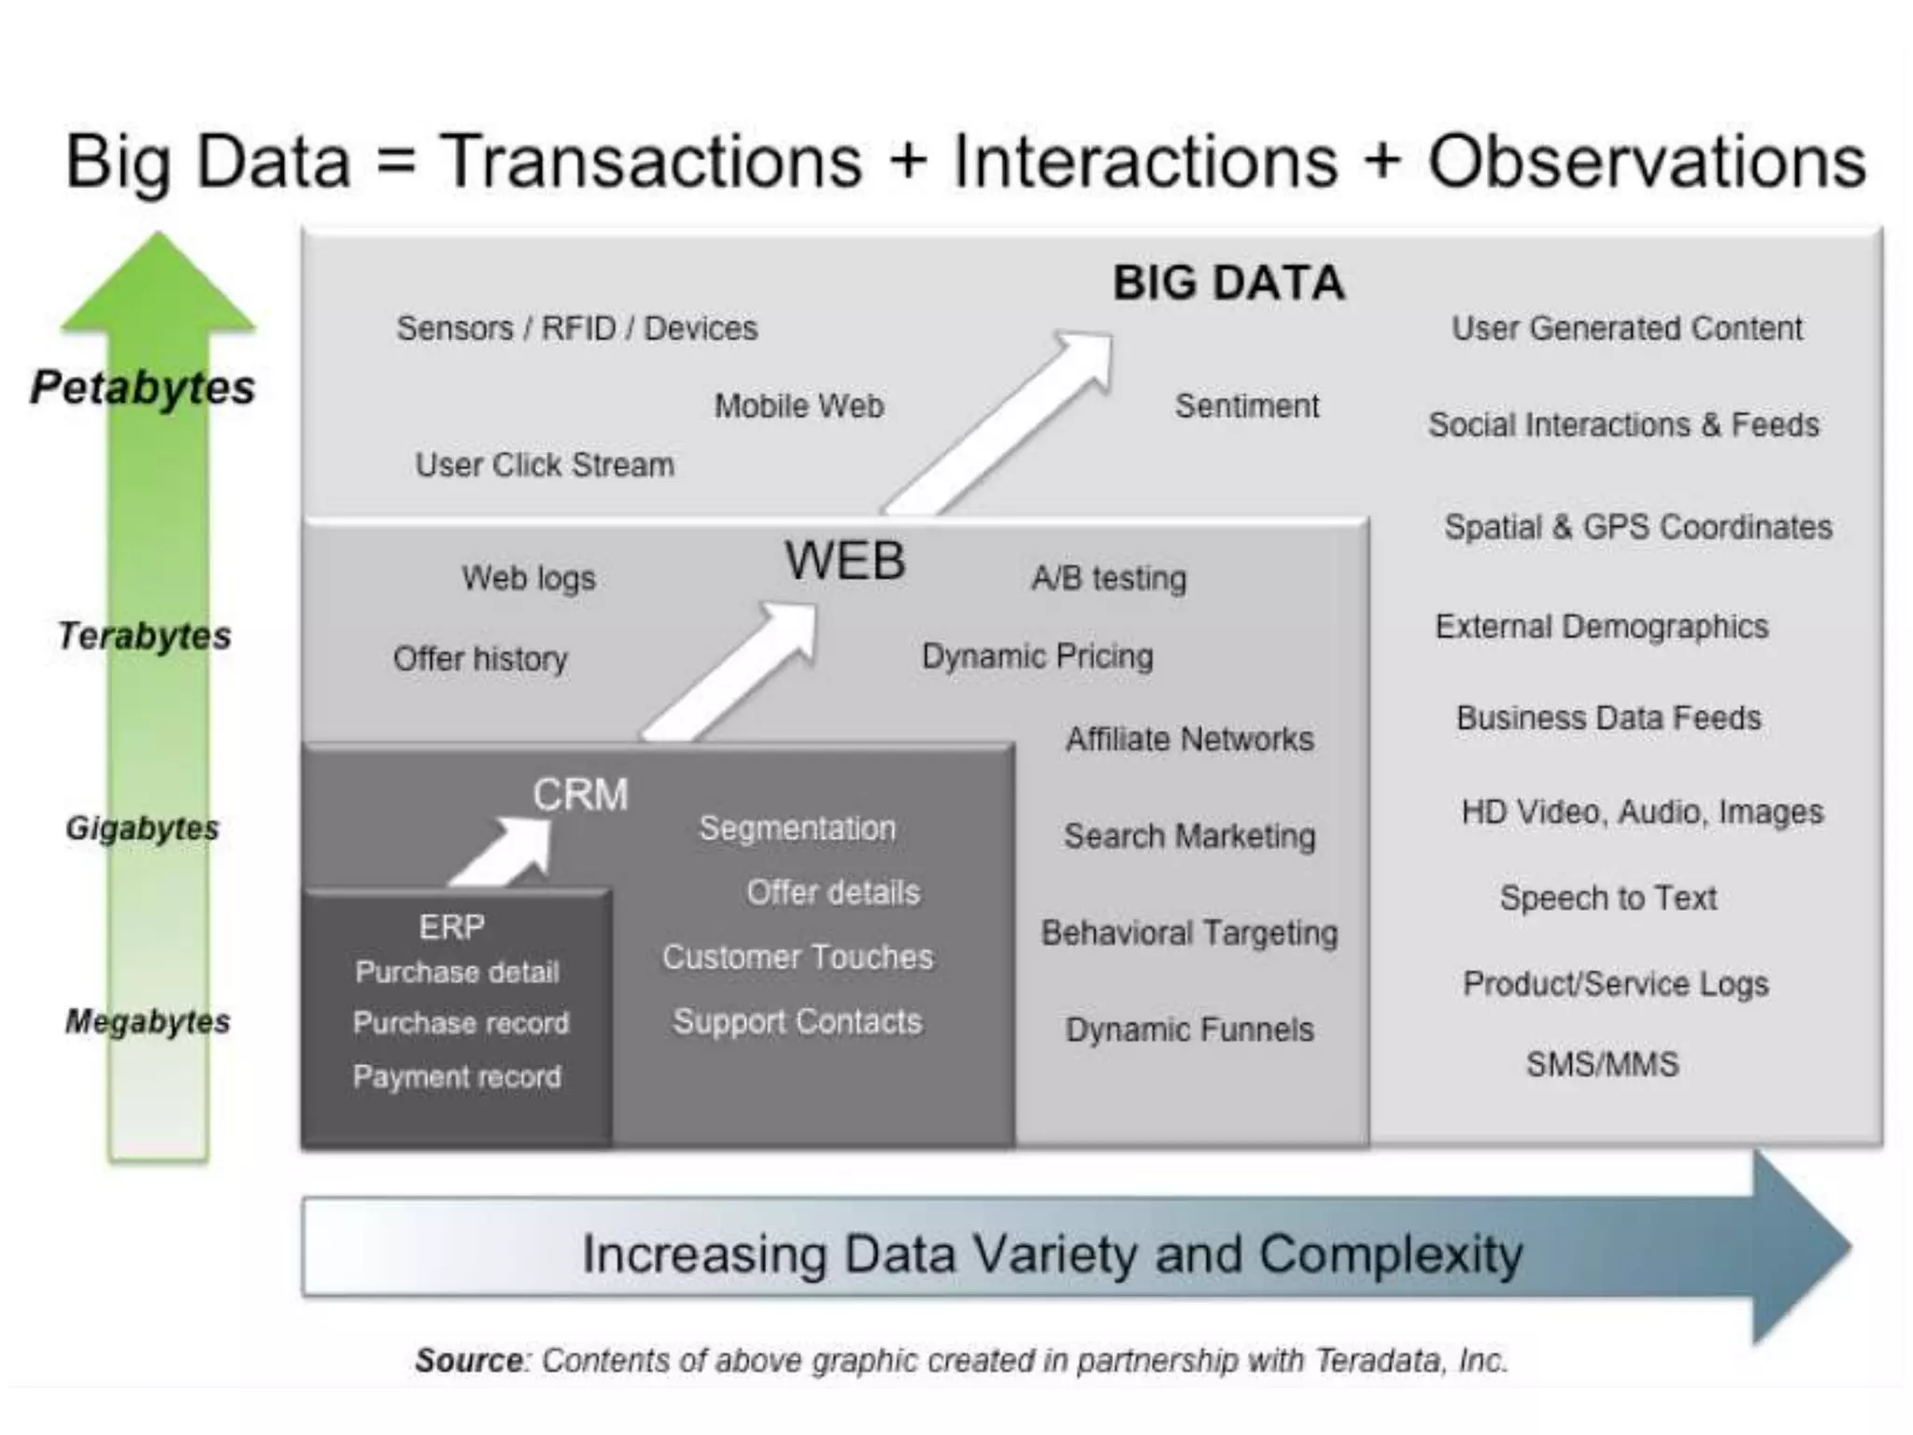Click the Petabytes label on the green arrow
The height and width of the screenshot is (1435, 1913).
pos(142,387)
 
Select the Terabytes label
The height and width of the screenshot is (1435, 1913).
pos(144,636)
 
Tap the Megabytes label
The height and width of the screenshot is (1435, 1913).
pos(147,1021)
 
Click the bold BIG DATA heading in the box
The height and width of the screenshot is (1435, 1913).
pos(1227,283)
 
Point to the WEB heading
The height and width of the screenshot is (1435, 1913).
pos(844,561)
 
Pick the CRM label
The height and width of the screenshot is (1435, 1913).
pos(580,795)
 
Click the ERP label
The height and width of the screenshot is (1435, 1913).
pos(451,927)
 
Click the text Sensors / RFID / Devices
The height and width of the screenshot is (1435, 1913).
pos(576,329)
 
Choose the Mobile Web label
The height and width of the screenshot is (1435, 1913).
pos(799,406)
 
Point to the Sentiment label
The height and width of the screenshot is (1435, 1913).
pos(1246,406)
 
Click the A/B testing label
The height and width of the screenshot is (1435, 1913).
pos(1109,578)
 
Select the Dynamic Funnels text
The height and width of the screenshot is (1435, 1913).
pos(1189,1030)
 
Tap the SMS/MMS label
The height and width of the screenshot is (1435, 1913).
pos(1602,1064)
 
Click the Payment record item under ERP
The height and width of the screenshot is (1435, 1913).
pos(457,1077)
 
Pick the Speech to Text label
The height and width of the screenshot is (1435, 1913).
pos(1608,898)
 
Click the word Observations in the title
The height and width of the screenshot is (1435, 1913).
pos(1646,162)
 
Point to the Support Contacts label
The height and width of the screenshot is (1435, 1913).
pos(797,1021)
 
